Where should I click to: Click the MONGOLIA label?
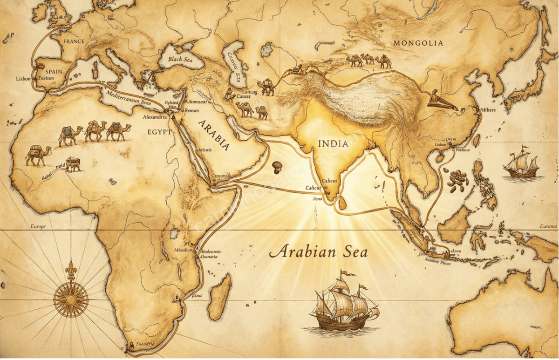(418, 43)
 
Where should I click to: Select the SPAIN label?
(54, 72)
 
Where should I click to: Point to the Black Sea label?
(182, 60)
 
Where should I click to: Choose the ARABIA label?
(214, 135)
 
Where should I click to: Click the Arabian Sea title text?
(318, 252)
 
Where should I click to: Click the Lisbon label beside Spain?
(23, 79)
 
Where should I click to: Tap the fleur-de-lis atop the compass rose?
(71, 270)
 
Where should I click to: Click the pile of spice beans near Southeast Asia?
(457, 180)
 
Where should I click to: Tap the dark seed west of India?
(279, 166)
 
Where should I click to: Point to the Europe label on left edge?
(38, 226)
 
